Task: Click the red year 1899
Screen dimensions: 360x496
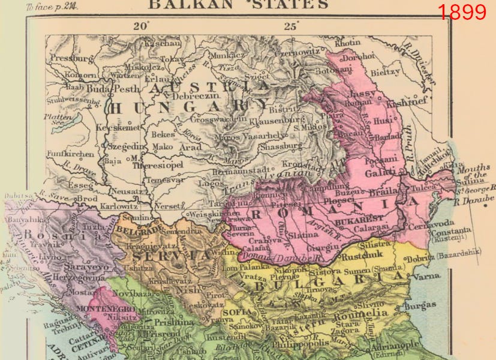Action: coord(462,11)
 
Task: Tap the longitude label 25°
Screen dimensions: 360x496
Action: coord(291,26)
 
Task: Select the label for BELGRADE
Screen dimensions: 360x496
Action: coord(139,230)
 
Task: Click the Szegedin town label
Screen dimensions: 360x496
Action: coord(127,146)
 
